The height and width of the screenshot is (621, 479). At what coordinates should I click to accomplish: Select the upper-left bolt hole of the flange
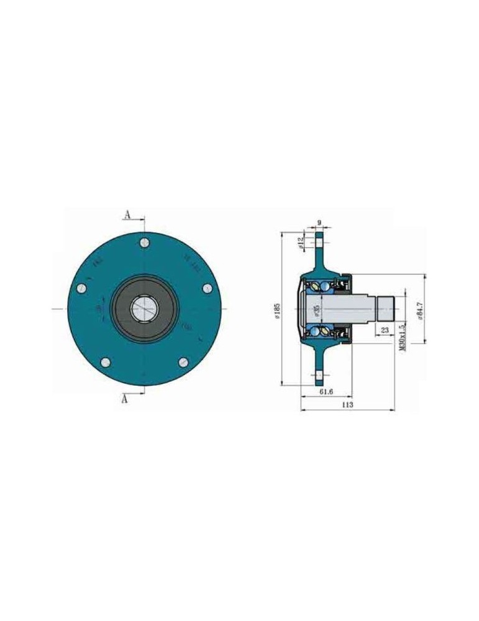click(81, 288)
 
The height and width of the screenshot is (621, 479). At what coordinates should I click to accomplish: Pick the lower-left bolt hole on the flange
click(106, 363)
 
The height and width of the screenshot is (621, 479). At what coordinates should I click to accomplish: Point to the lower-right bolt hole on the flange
click(183, 362)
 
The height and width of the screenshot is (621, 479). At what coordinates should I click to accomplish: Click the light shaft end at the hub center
click(144, 309)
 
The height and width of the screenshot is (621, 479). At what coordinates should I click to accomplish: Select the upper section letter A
click(127, 215)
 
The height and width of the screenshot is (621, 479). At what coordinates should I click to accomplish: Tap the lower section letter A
click(125, 399)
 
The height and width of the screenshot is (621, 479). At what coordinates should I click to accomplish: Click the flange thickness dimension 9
click(319, 222)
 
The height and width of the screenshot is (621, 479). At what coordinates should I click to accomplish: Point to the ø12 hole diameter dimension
click(301, 242)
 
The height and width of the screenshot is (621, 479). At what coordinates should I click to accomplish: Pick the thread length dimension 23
click(385, 330)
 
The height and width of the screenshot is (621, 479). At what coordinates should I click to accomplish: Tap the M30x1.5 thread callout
click(403, 336)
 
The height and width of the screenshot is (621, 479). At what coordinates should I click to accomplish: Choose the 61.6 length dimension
click(326, 392)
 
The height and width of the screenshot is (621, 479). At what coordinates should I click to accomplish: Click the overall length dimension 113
click(347, 405)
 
